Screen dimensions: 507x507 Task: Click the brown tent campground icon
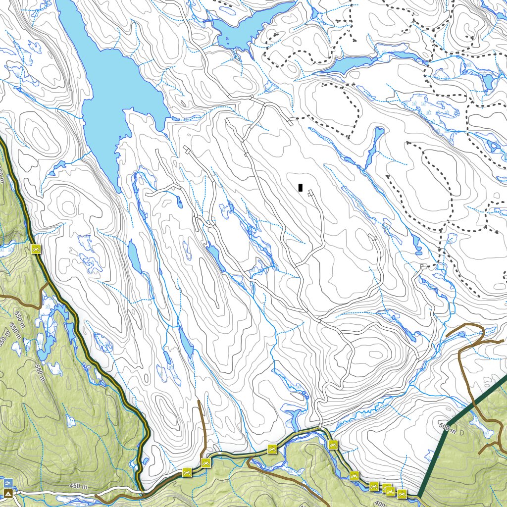pos(8,494)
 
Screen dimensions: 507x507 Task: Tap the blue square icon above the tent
pos(8,482)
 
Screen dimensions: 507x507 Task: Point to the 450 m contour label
pos(78,487)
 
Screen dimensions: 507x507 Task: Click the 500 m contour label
pos(447,427)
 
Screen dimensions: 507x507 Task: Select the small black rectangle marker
pos(300,187)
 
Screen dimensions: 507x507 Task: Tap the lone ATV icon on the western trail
pos(36,249)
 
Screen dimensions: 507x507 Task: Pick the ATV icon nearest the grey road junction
pos(333,445)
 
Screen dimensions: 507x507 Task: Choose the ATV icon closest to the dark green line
pos(402,494)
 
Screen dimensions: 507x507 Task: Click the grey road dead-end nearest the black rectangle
pos(310,193)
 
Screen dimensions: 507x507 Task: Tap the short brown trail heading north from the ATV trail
pos(202,426)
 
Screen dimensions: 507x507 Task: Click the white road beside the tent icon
pos(54,493)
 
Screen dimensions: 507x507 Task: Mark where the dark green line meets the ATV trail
pos(418,497)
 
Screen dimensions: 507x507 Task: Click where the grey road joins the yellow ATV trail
pos(321,427)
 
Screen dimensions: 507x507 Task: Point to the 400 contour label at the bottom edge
pos(379,503)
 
